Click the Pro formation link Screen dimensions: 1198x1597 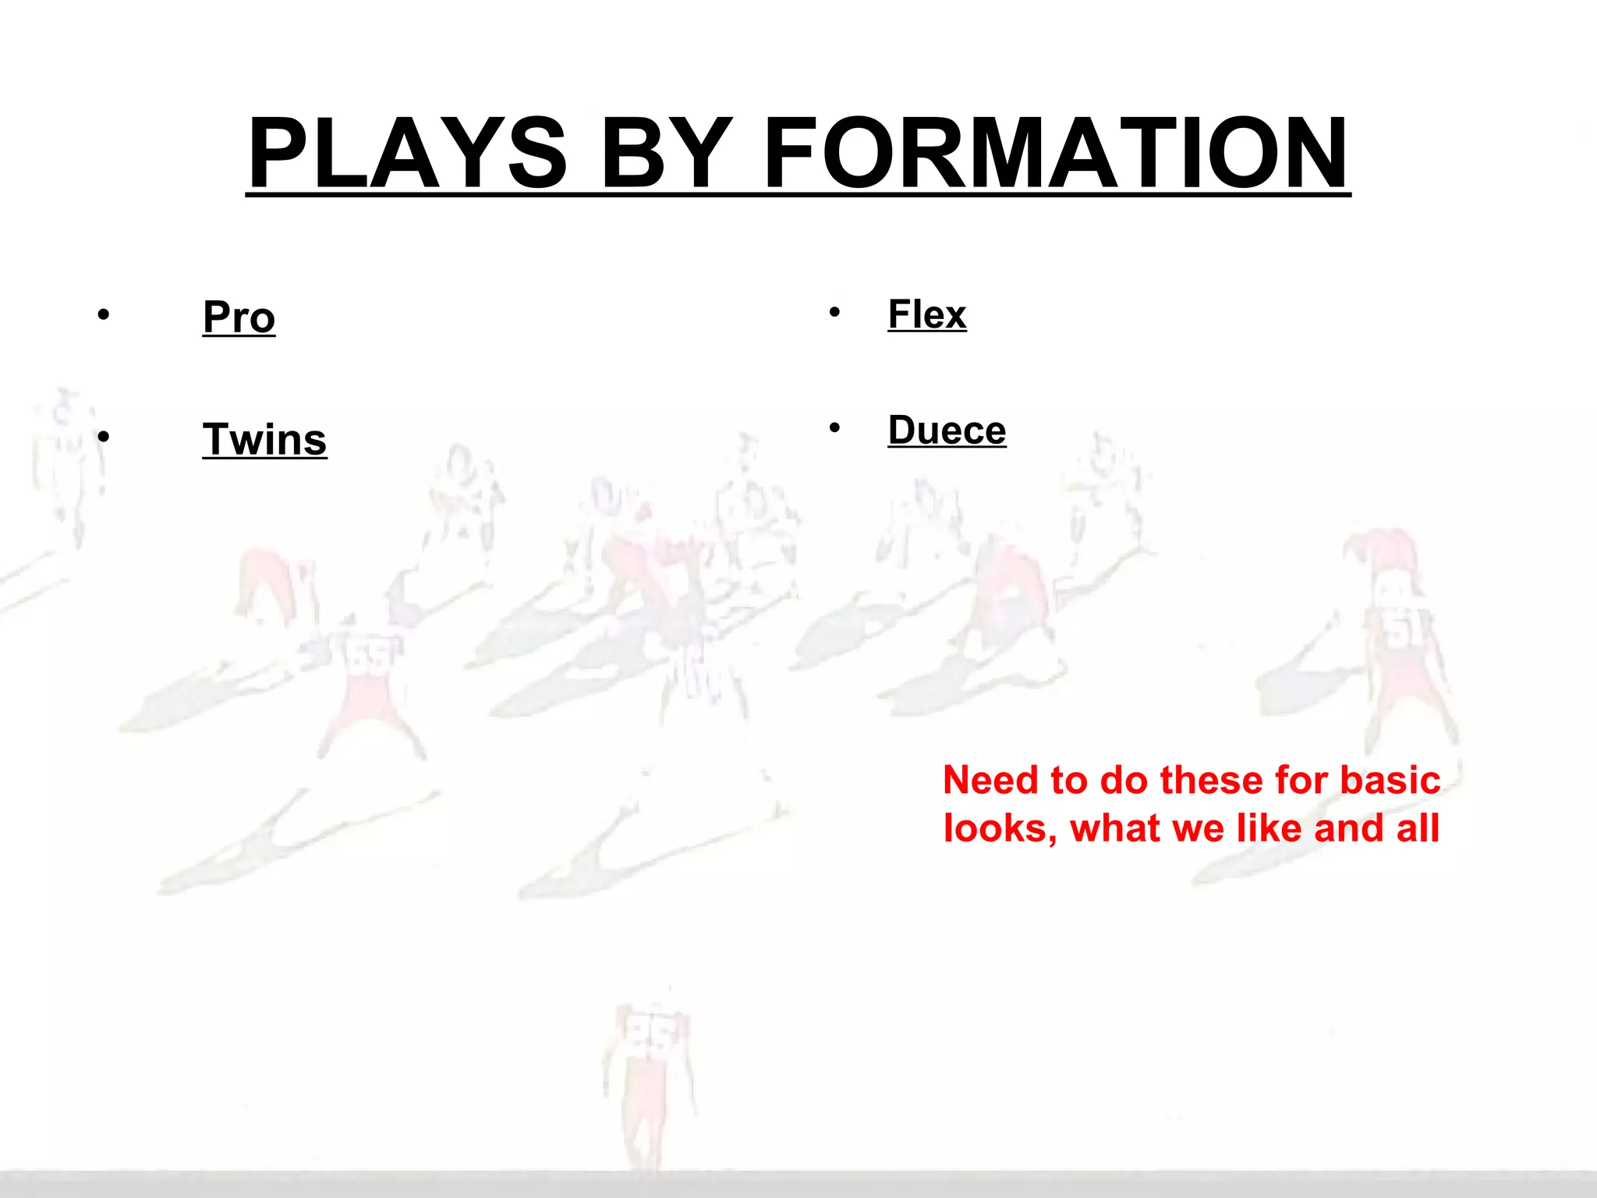(239, 317)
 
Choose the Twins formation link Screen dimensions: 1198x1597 (264, 439)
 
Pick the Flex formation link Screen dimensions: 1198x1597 (927, 314)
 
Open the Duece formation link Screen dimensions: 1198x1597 (947, 430)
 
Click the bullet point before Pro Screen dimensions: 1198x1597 (104, 315)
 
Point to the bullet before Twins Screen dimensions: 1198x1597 (104, 437)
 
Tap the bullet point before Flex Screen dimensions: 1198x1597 (834, 313)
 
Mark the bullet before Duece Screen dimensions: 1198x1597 (834, 427)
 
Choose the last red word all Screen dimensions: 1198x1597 (1418, 828)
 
